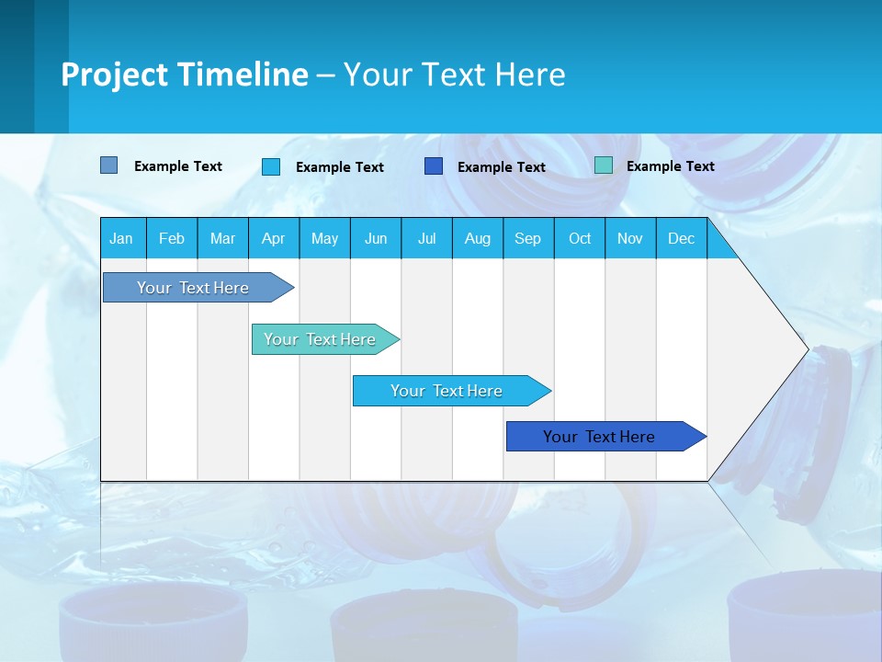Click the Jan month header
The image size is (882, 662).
click(x=121, y=238)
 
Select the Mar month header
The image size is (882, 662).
click(x=222, y=238)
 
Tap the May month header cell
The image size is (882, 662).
click(x=324, y=238)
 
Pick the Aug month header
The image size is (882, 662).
click(x=477, y=238)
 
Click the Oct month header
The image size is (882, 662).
click(x=580, y=238)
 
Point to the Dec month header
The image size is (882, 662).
click(x=681, y=238)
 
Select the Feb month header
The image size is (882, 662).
click(x=172, y=238)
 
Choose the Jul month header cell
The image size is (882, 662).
click(x=426, y=238)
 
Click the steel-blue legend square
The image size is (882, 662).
click(x=108, y=165)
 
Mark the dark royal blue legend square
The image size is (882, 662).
click(x=434, y=166)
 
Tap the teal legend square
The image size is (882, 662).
click(x=604, y=165)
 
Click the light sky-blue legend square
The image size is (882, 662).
click(x=271, y=166)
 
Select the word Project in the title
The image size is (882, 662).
click(x=113, y=74)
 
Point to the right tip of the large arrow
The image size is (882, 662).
click(x=806, y=349)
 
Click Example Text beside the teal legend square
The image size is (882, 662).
click(x=670, y=165)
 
